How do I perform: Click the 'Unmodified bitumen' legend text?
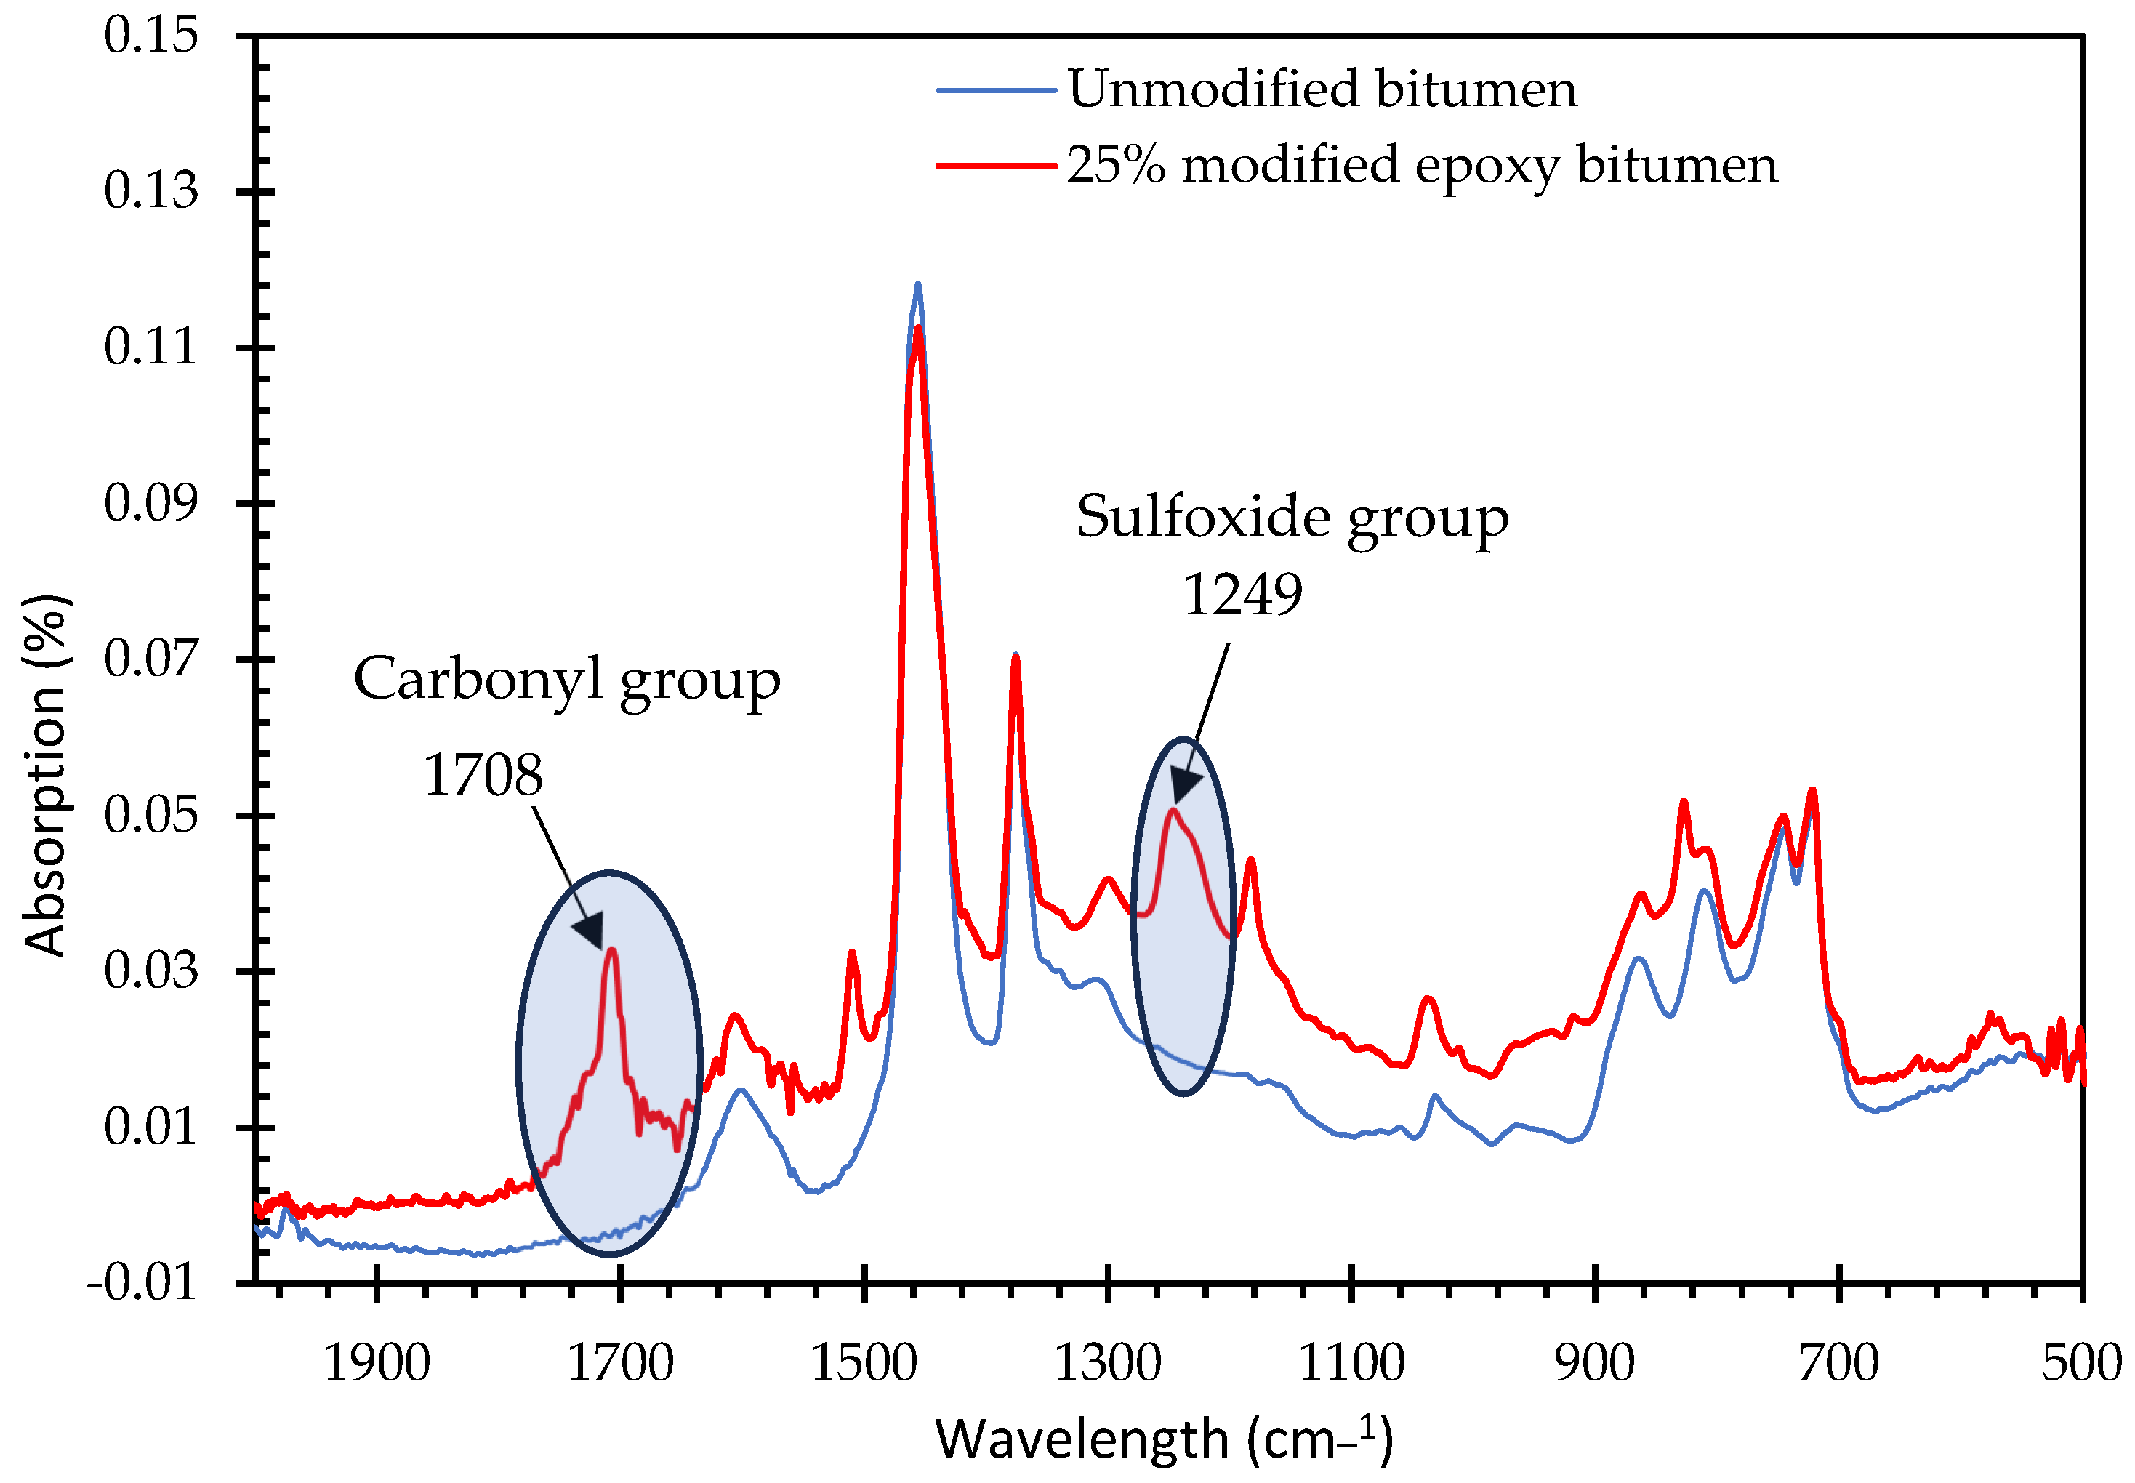[1321, 89]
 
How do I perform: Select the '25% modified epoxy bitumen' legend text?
[1420, 166]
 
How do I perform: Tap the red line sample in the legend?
[996, 166]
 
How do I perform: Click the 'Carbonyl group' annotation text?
[567, 680]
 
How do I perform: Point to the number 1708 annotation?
[483, 775]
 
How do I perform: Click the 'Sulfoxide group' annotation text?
[1292, 518]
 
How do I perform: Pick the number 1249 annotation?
[1242, 595]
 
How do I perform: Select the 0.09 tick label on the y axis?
[150, 504]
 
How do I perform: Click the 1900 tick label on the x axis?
[377, 1363]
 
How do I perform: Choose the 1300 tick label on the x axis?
[1107, 1363]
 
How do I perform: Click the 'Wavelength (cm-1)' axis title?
[1163, 1439]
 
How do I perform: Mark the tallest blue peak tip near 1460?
[918, 284]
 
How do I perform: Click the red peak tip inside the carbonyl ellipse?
[611, 949]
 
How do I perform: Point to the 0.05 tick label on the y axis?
[150, 816]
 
